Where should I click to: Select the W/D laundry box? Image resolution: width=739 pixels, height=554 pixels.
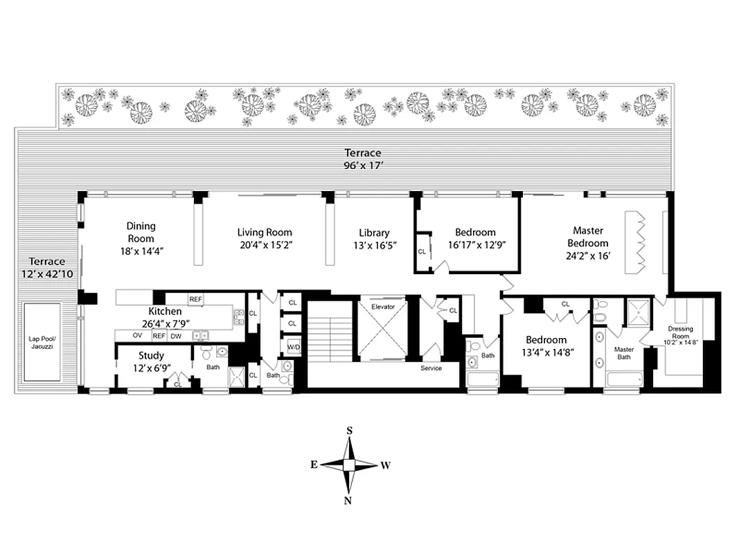click(x=293, y=347)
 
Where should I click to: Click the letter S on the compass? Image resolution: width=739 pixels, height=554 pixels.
click(x=350, y=431)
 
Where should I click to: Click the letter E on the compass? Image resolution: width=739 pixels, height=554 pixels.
click(x=314, y=465)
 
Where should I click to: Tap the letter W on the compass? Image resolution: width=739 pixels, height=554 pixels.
click(x=386, y=465)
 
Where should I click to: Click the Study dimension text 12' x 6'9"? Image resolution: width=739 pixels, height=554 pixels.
click(x=150, y=368)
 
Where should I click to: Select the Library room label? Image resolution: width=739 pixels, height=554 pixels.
click(x=374, y=233)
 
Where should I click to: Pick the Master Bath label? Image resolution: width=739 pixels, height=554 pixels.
click(x=624, y=354)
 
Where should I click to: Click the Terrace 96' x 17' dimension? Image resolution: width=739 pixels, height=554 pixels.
click(x=364, y=166)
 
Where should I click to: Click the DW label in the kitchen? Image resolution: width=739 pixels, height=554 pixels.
click(x=176, y=335)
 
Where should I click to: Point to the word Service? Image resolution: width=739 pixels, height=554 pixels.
click(x=431, y=368)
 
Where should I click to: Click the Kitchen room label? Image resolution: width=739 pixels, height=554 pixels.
click(x=165, y=312)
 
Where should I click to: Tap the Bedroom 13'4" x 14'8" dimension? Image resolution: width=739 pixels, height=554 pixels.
click(x=546, y=352)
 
